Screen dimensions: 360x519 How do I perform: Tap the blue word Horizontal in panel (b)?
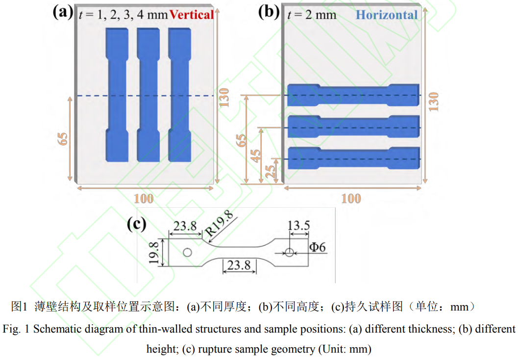coord(387,15)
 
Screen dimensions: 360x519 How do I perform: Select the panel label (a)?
coord(63,12)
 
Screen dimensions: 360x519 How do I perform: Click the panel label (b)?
coord(269,12)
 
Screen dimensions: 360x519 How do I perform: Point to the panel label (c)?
coord(137,224)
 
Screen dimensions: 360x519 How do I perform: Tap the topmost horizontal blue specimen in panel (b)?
coord(353,95)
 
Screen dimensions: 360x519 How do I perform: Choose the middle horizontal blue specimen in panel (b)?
coord(353,127)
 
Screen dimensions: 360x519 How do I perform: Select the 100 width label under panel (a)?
coord(143,198)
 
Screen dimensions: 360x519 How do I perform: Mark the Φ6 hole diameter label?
coord(317,247)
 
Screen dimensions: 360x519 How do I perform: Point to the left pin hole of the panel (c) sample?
coord(186,252)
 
